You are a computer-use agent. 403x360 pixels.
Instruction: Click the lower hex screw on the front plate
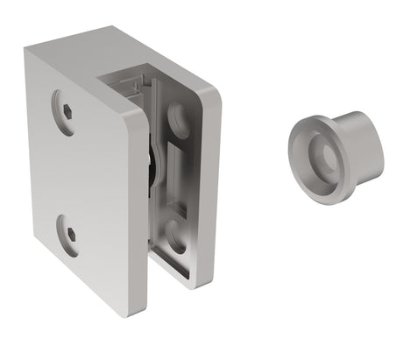tap(70, 235)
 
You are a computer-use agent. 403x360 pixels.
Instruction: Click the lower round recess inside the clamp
tap(175, 236)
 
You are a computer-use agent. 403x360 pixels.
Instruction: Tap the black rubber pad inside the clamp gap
tap(152, 166)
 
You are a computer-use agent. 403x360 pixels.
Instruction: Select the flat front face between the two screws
tap(83, 175)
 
